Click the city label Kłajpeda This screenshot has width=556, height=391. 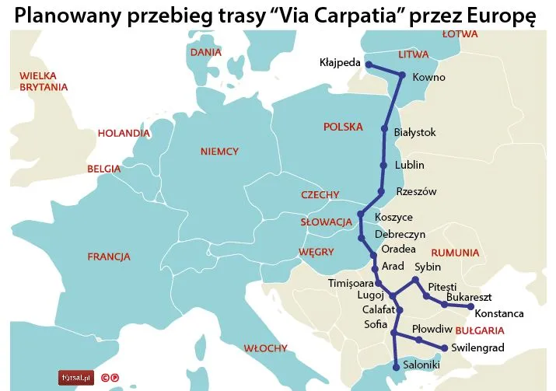(340, 63)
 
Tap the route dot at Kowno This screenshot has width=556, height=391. (402, 75)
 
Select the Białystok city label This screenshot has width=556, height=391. (415, 133)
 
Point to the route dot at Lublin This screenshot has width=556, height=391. (383, 165)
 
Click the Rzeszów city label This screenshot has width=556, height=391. (416, 191)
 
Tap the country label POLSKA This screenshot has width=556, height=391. (343, 127)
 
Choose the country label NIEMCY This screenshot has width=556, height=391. (219, 152)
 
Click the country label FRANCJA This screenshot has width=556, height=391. (109, 257)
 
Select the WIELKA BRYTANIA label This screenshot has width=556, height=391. (44, 82)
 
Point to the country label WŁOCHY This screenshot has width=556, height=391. (265, 348)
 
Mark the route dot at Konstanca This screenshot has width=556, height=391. (470, 307)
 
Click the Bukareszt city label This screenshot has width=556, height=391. (470, 298)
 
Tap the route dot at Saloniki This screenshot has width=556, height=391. (397, 367)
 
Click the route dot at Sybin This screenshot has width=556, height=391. (416, 279)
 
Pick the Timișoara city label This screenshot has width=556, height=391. (351, 283)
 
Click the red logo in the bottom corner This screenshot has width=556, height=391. (77, 378)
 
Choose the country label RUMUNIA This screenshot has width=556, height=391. (456, 253)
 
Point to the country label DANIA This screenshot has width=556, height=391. (206, 52)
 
